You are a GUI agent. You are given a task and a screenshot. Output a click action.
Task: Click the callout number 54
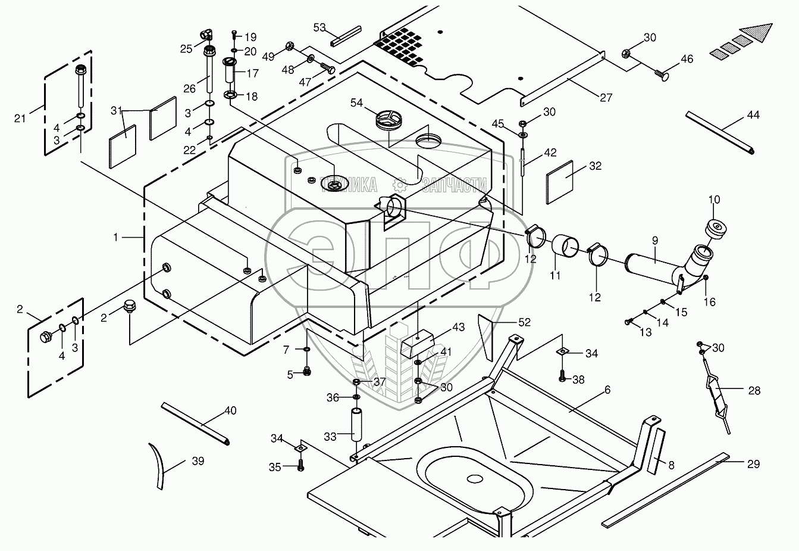356,104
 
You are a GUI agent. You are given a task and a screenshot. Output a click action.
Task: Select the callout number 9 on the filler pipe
654,241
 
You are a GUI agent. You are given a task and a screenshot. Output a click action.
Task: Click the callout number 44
753,115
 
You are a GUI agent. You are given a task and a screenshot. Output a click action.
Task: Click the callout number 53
319,27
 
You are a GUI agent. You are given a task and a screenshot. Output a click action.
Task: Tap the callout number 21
20,118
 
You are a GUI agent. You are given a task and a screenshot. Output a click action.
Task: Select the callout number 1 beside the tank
117,237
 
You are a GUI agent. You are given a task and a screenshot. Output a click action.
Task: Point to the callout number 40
230,410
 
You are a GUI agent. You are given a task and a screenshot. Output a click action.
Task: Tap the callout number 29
753,464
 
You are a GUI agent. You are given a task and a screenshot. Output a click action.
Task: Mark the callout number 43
458,327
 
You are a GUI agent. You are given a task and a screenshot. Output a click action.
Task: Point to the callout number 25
186,49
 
